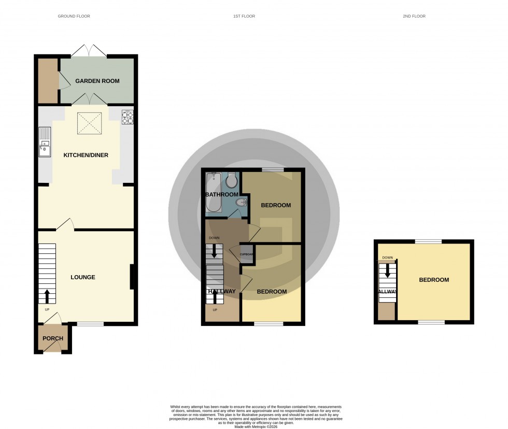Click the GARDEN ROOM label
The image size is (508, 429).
[97, 81]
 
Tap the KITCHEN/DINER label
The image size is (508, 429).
[86, 155]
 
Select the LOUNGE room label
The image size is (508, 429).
[83, 277]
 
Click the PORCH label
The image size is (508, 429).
[52, 338]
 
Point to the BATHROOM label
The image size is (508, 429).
[222, 194]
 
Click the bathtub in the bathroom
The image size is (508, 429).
[213, 193]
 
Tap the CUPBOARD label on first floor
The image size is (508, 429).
[246, 254]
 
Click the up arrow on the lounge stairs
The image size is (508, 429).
[47, 296]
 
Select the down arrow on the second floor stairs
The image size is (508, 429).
[387, 271]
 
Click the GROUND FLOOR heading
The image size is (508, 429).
[74, 17]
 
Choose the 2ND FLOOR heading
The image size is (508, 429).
[414, 17]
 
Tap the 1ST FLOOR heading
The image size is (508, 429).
[244, 17]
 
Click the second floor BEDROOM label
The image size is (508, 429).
[434, 280]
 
